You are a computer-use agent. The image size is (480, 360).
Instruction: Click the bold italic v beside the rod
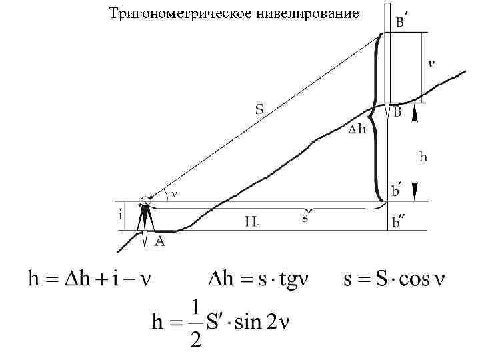tap(432, 64)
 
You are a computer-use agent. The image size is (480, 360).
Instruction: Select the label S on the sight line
tap(259, 109)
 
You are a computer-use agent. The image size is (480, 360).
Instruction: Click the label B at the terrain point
tap(398, 113)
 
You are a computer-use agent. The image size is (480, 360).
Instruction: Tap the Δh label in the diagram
tap(357, 129)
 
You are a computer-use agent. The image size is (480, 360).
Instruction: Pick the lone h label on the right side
tap(423, 157)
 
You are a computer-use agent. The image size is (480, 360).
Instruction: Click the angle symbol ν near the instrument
tap(173, 194)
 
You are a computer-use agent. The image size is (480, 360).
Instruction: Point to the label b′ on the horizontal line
tap(397, 192)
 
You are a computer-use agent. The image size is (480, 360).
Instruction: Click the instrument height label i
tap(120, 215)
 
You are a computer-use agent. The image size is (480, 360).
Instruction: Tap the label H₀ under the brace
tap(252, 222)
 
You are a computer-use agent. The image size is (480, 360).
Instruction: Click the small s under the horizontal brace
tap(305, 218)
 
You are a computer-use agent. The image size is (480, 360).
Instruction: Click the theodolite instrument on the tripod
tap(145, 203)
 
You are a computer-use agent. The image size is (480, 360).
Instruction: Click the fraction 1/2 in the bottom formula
tap(195, 324)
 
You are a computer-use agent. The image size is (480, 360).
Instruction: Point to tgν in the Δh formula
tap(291, 278)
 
